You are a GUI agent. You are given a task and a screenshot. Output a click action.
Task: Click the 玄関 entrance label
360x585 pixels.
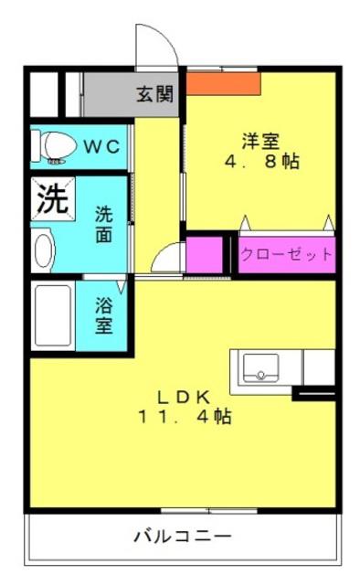154,94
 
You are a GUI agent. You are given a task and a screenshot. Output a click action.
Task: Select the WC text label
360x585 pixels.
101,146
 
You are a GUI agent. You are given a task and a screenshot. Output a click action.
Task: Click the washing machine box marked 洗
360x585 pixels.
53,198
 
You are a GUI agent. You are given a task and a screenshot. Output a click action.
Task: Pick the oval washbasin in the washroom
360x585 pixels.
44,250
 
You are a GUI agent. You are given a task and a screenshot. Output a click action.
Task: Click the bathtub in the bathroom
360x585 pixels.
53,315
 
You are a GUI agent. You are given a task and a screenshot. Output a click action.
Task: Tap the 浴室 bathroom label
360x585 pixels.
104,315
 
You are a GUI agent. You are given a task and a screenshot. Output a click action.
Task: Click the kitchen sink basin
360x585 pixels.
260,367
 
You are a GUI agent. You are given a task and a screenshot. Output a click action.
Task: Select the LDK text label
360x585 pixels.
183,398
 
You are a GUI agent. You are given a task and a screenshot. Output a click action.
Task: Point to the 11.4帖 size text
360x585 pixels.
185,417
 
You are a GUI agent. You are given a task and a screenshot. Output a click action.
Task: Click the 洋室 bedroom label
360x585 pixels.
260,141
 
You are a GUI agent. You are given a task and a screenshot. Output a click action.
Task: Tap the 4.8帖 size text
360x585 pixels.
261,161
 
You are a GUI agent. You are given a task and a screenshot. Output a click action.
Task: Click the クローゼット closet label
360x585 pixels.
287,255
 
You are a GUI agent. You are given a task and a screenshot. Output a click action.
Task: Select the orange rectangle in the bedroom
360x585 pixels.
223,83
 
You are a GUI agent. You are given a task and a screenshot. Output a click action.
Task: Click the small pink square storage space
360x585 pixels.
204,255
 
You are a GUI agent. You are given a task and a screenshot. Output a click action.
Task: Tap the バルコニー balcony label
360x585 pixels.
183,537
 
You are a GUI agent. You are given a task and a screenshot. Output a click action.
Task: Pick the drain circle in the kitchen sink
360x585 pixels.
260,375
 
